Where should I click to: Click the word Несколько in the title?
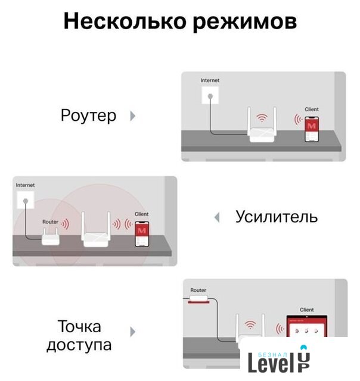pos(125,21)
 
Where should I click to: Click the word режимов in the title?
pos(245,23)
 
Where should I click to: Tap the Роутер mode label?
pos(88,115)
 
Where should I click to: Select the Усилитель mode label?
pos(277,217)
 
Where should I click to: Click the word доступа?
pos(79,345)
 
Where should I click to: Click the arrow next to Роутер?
pos(132,116)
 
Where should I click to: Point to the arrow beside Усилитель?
pos(217,217)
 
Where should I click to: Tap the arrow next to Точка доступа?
pos(132,332)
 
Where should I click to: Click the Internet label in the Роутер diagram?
pos(210,80)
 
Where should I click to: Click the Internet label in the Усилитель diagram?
pos(25,185)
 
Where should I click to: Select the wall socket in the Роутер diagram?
pos(210,95)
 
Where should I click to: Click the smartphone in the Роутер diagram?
pos(312,129)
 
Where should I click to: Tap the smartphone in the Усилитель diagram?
pos(142,234)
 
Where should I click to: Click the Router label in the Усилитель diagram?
pos(50,222)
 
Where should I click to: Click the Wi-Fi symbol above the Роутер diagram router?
pos(262,118)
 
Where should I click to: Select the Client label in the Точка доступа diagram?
pos(307,310)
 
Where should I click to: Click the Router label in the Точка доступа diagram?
pos(198,290)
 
